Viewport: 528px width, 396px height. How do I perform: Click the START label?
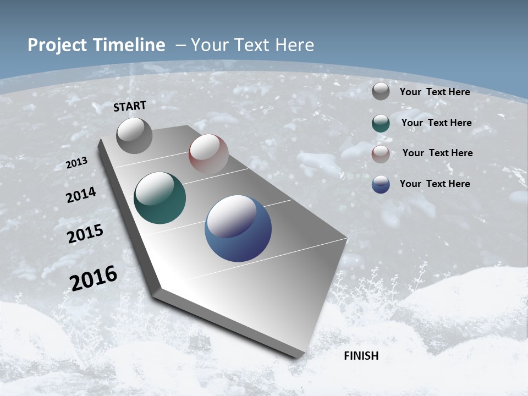coord(130,106)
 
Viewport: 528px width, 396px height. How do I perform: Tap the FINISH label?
coord(361,356)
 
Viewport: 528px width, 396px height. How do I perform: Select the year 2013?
coord(77,163)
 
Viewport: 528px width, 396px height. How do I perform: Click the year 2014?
coord(81,195)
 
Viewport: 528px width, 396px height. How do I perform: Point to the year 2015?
coord(85,233)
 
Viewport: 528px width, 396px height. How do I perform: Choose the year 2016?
coord(94,278)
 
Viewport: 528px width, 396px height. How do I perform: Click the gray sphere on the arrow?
coord(134,135)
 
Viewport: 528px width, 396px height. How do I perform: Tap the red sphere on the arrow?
coord(208,153)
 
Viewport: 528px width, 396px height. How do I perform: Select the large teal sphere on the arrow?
coord(159,198)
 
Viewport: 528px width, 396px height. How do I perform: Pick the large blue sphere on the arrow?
coord(238,228)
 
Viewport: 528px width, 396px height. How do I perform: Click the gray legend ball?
coord(381,92)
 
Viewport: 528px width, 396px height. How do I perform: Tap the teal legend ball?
coord(381,123)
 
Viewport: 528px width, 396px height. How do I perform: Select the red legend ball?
coord(381,153)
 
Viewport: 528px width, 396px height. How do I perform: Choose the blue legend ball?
coord(381,184)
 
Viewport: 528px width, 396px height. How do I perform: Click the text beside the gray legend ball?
coord(435,92)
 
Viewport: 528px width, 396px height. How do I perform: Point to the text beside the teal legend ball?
coord(436,123)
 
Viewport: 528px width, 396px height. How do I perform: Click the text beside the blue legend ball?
coord(435,183)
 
